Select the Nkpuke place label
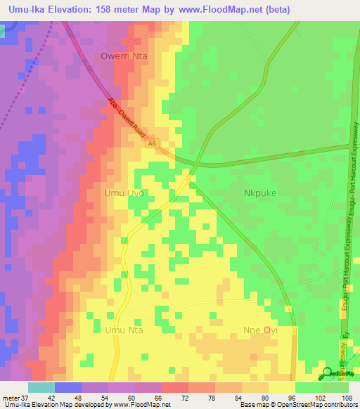[261, 192]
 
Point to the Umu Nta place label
[124, 329]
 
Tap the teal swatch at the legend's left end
[41, 387]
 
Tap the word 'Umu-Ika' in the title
[26, 9]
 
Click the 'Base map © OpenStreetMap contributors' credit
[297, 405]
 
